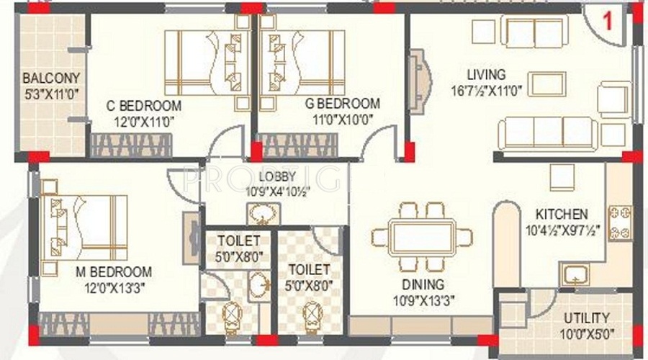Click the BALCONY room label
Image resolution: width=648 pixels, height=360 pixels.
pyautogui.click(x=51, y=78)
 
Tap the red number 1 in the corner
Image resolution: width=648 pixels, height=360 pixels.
pyautogui.click(x=607, y=21)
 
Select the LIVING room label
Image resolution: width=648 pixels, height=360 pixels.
pyautogui.click(x=487, y=74)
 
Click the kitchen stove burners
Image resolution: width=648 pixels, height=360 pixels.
pyautogui.click(x=620, y=223)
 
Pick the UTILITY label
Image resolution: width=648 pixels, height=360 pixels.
pyautogui.click(x=587, y=318)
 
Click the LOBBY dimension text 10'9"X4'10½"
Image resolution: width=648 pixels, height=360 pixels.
pyautogui.click(x=278, y=192)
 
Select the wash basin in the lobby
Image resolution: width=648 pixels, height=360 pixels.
pyautogui.click(x=261, y=214)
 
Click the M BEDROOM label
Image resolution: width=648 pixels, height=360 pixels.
pyautogui.click(x=114, y=272)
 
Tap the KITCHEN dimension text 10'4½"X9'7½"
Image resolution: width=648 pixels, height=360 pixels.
pyautogui.click(x=562, y=230)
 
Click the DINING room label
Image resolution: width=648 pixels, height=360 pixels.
pyautogui.click(x=423, y=284)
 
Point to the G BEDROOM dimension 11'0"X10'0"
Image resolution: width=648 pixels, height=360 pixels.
pyautogui.click(x=343, y=120)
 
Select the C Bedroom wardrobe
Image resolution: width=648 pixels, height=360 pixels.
pyautogui.click(x=131, y=145)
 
